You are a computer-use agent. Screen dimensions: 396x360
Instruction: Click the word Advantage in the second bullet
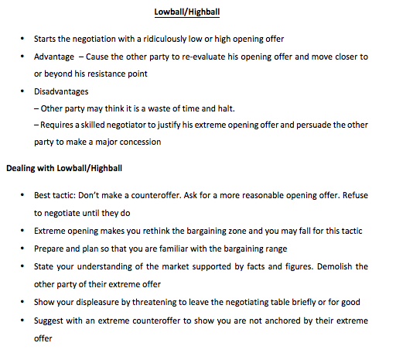pyautogui.click(x=53, y=57)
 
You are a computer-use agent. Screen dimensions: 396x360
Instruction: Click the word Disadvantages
pyautogui.click(x=61, y=91)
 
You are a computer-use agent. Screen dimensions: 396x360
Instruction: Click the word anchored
pyautogui.click(x=277, y=320)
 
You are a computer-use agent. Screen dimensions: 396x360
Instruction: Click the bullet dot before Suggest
pyautogui.click(x=23, y=320)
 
